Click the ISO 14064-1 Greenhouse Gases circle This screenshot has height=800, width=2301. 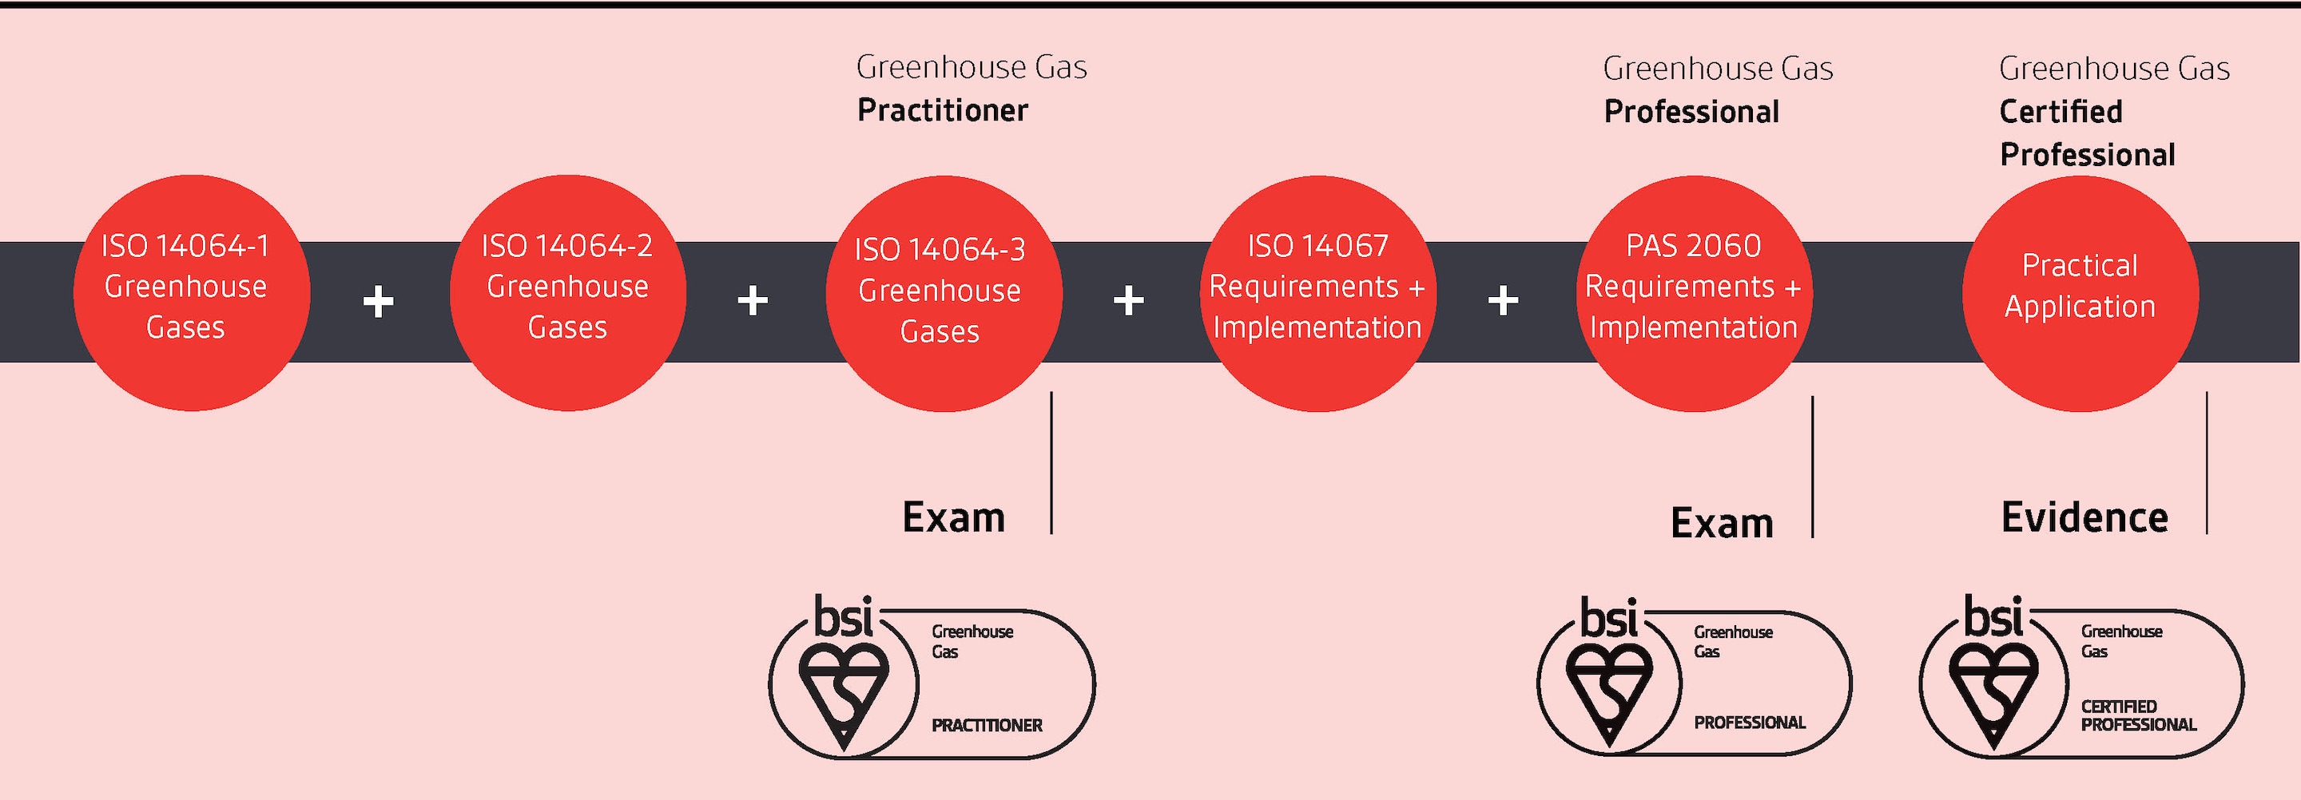191,293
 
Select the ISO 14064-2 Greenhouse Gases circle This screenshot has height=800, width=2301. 568,293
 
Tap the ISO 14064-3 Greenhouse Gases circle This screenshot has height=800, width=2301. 944,293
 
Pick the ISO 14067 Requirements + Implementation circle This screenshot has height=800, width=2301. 1317,293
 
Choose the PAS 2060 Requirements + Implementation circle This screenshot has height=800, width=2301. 1694,293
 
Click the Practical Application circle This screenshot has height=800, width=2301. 2080,293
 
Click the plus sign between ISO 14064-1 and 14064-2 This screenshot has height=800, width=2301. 379,302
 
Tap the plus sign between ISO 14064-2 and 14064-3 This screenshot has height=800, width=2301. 753,301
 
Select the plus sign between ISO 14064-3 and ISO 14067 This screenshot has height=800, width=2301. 1129,301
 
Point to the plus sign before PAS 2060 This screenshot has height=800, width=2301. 1504,301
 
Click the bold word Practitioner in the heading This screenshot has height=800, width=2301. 943,111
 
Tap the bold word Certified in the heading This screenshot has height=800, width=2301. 2061,113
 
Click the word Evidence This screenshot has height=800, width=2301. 2084,518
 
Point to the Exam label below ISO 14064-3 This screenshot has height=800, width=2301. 953,518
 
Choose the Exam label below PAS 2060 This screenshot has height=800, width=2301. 1721,523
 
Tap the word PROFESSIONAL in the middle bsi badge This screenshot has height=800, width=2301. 1750,723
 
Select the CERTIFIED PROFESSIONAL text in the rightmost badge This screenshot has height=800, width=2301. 2137,716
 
